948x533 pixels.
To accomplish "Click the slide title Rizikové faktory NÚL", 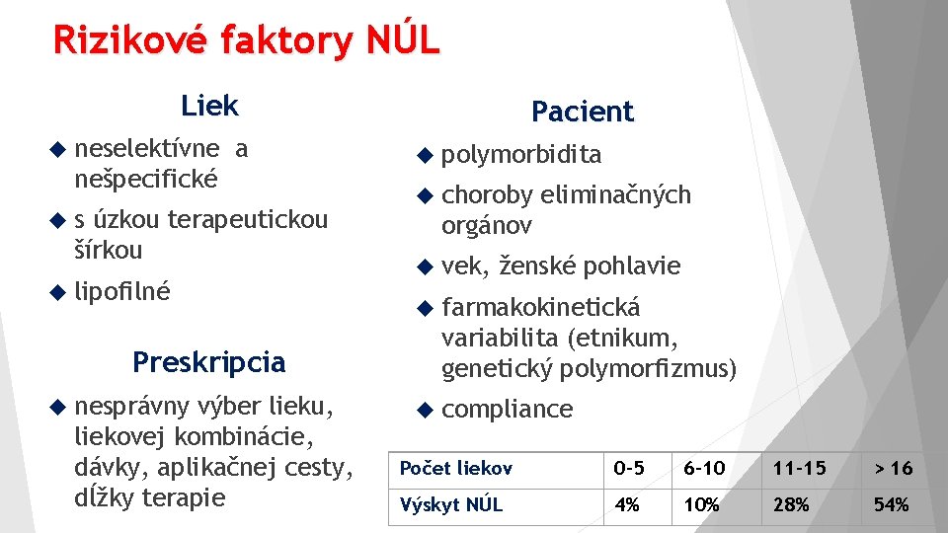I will coord(246,40).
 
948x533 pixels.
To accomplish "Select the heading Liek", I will coord(209,105).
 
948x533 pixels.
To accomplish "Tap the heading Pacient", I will coord(582,112).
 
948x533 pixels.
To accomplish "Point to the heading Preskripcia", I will coord(208,362).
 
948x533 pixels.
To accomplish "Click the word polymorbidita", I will coord(521,155).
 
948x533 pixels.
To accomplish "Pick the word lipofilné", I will coord(122,292).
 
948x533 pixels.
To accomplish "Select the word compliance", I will coord(507,410).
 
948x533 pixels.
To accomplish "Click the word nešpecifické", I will coord(145,179).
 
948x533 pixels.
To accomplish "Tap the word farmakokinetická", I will coord(540,307).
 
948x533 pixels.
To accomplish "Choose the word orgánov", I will coord(487,225).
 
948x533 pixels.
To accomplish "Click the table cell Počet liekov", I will coord(455,468).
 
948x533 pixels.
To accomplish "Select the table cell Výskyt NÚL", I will coord(450,504).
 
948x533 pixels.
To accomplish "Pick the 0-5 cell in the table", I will coord(629,468).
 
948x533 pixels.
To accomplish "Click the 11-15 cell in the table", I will coord(800,468).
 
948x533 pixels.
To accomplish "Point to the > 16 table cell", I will coord(893,468).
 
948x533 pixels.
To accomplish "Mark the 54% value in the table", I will coord(891,504).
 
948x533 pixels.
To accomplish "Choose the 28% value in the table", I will coord(791,504).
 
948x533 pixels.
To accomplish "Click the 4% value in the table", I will coord(626,504).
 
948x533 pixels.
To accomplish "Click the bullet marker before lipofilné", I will coord(56,292).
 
